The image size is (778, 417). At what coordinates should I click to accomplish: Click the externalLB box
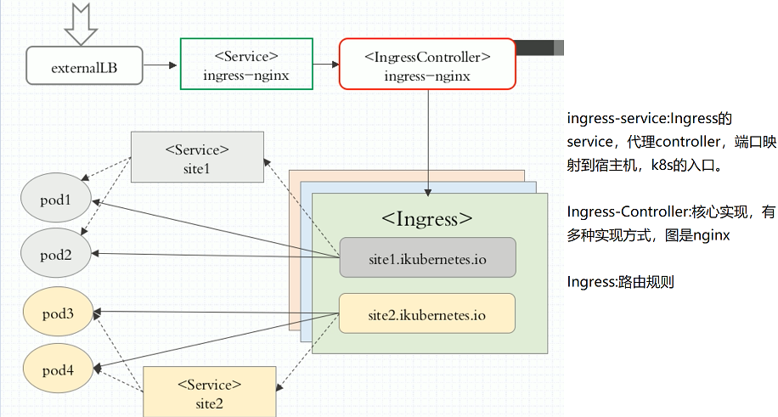(x=84, y=65)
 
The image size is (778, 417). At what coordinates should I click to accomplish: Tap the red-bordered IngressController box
(x=427, y=64)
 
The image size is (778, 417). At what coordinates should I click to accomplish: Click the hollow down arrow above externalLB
(x=82, y=24)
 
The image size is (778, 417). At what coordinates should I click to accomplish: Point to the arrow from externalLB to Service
(x=161, y=65)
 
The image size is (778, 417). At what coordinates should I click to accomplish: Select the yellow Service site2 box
(x=209, y=392)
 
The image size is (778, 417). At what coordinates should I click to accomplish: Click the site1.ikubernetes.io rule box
(x=427, y=257)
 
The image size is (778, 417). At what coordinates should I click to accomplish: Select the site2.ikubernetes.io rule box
(x=427, y=313)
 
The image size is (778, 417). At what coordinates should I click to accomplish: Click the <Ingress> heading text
(x=427, y=217)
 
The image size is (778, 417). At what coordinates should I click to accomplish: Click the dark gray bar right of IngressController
(x=538, y=48)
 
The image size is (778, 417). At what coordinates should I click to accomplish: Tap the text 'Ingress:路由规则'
(x=620, y=282)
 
